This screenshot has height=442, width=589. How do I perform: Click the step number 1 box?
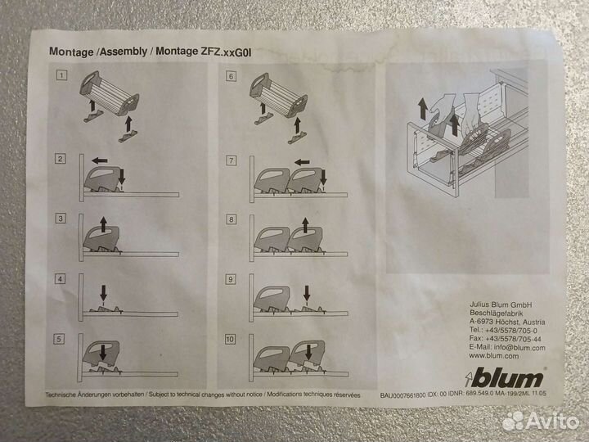61,76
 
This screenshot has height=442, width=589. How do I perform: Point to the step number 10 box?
231,339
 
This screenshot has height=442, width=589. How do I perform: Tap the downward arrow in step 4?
104,291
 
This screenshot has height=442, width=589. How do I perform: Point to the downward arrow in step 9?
307,292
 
